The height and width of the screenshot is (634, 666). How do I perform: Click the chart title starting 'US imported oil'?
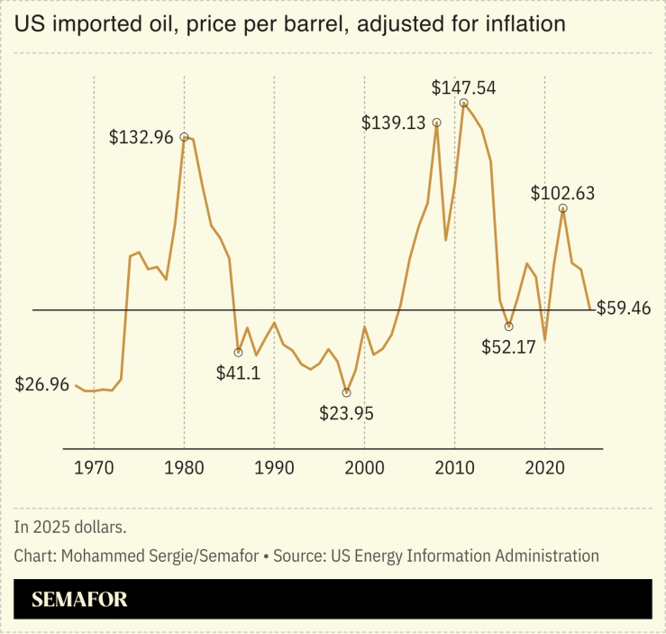[x=289, y=24]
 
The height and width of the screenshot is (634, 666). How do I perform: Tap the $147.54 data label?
[x=463, y=87]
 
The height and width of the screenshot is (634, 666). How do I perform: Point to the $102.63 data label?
[x=562, y=193]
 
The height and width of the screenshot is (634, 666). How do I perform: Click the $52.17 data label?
[x=510, y=346]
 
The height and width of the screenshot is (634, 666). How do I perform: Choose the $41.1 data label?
[x=238, y=372]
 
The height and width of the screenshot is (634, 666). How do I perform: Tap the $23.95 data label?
[x=346, y=413]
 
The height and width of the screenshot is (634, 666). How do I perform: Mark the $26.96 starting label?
[x=42, y=385]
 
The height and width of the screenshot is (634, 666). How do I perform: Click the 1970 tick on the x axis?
[x=94, y=468]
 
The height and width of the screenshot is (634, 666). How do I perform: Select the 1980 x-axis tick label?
[x=184, y=468]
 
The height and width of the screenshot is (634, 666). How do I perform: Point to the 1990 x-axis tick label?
[x=274, y=468]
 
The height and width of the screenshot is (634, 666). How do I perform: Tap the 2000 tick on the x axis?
[x=364, y=468]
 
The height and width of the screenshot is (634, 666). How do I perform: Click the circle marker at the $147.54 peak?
[x=463, y=103]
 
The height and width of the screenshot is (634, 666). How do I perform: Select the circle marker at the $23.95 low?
[x=346, y=392]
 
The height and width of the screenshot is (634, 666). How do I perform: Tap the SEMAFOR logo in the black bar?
[x=80, y=600]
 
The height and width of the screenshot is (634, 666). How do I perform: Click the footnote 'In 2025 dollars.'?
[x=70, y=527]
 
